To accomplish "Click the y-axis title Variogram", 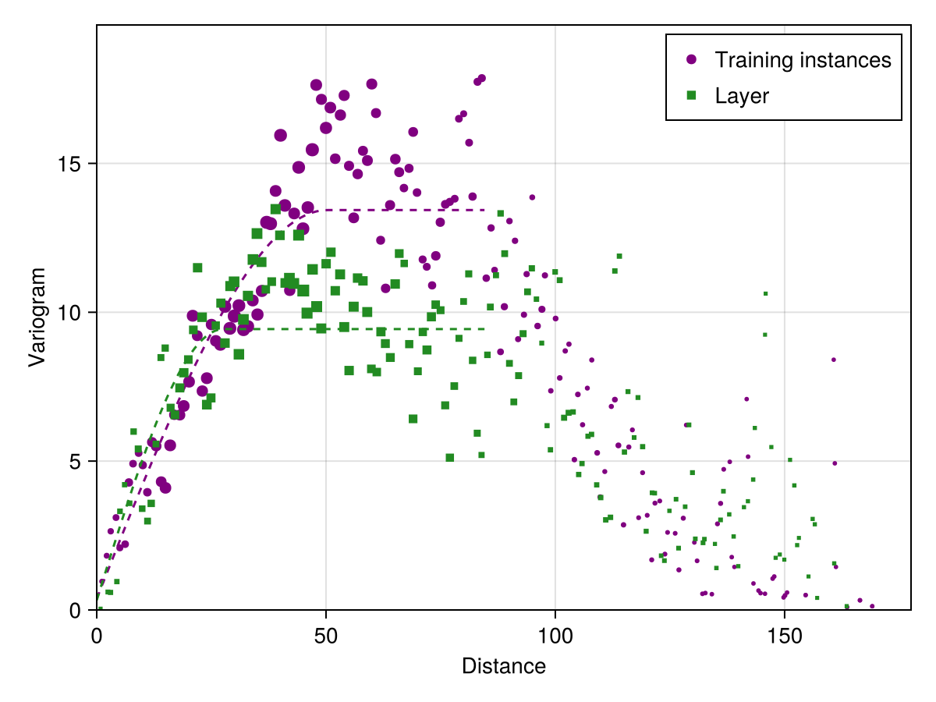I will coord(37,317).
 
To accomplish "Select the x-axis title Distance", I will coord(503,667).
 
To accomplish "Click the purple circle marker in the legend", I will coord(690,59).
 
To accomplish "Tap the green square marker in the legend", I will coord(690,95).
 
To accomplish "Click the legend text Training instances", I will coord(803,59).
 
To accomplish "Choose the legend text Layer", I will coord(742,95).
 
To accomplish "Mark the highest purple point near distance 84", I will coord(482,78).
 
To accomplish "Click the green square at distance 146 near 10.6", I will coord(765,293).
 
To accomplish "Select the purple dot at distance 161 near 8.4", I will coord(833,360).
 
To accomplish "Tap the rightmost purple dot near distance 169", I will coord(872,606).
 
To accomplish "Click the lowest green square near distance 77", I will coord(449,457).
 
